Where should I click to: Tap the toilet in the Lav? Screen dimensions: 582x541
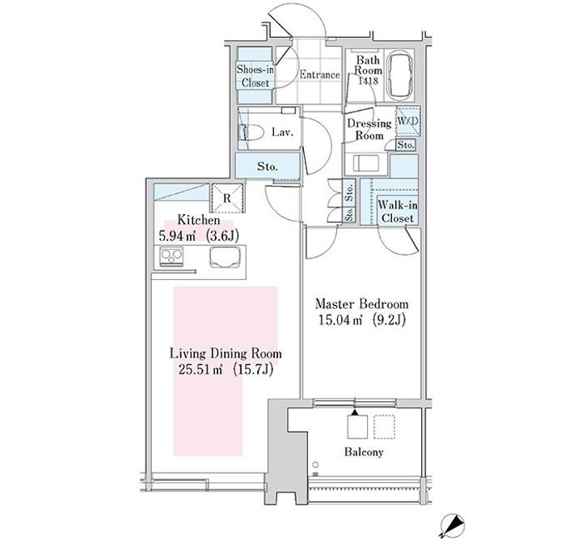251,132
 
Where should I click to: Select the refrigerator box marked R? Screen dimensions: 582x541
227,198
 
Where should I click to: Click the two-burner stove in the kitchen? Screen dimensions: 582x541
171,256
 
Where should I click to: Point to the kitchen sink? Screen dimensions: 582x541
225,256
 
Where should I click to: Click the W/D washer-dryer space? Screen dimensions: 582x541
407,120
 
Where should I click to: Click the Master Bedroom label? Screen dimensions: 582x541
361,304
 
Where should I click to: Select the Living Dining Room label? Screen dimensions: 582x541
226,353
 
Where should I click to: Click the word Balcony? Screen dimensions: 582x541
364,452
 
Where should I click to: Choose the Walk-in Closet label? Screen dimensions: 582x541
397,212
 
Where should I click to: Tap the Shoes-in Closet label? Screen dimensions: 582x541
255,76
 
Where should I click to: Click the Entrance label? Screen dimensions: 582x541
319,74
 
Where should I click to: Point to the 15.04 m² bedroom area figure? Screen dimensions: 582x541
340,319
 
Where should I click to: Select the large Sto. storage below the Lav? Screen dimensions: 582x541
268,167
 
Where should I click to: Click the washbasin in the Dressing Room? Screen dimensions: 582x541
366,163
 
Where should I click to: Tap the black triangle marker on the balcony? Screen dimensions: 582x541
355,412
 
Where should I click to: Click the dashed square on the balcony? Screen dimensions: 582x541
385,427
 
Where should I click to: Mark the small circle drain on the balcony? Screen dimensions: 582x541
315,464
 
